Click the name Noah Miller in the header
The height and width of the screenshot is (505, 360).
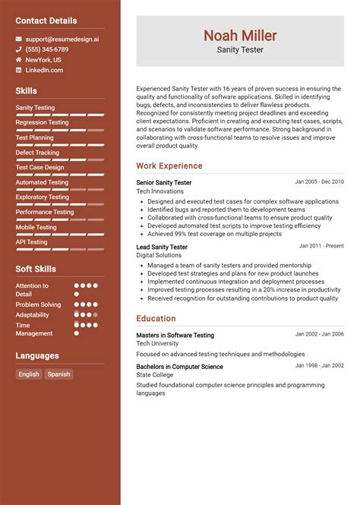(240, 36)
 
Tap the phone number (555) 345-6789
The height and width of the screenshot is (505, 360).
(47, 49)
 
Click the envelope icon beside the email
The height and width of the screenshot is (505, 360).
(18, 38)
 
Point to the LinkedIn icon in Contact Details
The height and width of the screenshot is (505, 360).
(18, 70)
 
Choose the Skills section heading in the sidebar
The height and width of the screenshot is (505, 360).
(26, 91)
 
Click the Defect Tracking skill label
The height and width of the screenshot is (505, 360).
(37, 153)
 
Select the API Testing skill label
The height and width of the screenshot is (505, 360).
(32, 241)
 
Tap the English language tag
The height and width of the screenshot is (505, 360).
(29, 374)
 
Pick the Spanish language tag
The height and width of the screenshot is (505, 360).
(58, 374)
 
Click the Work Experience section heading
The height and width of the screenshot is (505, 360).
(169, 166)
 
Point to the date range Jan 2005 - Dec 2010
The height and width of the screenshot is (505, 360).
(319, 182)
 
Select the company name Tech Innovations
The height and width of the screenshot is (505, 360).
(159, 191)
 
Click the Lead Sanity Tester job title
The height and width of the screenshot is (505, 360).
(162, 247)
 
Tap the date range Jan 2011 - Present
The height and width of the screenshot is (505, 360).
(321, 246)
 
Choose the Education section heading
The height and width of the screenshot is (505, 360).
(156, 319)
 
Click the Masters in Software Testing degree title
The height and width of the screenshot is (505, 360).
(175, 335)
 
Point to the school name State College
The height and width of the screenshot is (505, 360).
(155, 375)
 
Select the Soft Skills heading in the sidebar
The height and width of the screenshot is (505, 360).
(36, 269)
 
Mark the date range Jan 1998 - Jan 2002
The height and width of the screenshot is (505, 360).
(319, 365)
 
